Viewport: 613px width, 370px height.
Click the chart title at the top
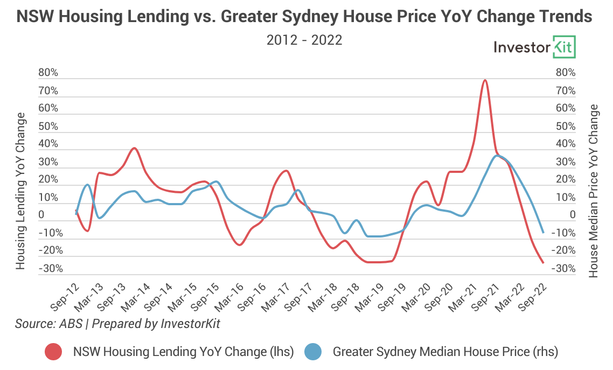coord(304,17)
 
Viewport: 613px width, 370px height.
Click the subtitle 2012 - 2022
coord(304,40)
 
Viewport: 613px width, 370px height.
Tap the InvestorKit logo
coord(534,47)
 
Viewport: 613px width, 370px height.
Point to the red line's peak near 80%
coord(485,80)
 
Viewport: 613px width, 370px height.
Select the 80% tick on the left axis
coord(48,73)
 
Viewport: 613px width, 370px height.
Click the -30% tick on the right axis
coord(565,268)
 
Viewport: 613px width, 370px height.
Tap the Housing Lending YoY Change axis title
coord(21,191)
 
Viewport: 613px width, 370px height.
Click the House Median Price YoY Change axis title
coord(594,191)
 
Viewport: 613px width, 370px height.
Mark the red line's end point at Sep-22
coord(543,263)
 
